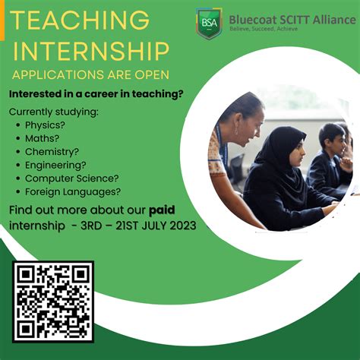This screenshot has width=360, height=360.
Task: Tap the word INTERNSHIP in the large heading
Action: [91, 52]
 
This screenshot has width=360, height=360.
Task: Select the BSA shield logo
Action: [209, 23]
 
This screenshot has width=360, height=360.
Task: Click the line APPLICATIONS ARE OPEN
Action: [90, 74]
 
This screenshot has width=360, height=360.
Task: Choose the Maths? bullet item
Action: [43, 137]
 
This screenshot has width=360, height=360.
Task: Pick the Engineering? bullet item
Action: [55, 164]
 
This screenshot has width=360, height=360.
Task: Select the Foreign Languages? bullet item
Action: [73, 191]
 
